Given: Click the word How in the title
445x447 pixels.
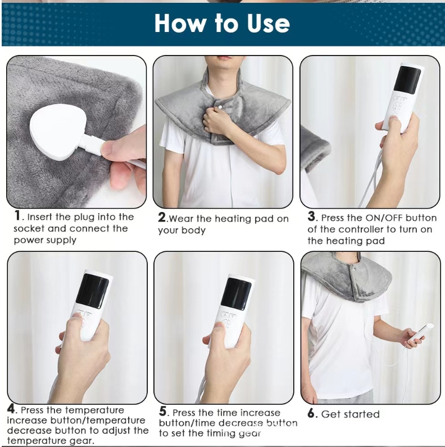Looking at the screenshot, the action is tap(180, 23).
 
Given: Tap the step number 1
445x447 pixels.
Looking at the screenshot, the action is tap(18, 215).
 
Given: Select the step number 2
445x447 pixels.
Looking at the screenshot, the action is tap(162, 218).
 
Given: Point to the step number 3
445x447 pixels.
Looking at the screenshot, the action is tap(312, 216).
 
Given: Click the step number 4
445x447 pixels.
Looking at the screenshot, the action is tap(11, 409).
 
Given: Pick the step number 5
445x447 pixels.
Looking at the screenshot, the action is tap(163, 411).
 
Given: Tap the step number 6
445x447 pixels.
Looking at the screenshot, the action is tap(311, 413).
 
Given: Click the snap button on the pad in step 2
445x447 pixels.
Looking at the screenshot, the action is tap(220, 107).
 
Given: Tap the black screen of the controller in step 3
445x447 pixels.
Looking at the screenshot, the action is tap(407, 80).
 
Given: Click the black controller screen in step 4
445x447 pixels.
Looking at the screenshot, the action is tap(92, 291).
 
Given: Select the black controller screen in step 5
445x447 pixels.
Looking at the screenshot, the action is tap(237, 294).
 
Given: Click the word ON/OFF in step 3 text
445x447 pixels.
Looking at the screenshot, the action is tap(384, 218).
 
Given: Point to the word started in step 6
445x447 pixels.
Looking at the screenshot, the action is tap(362, 414).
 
